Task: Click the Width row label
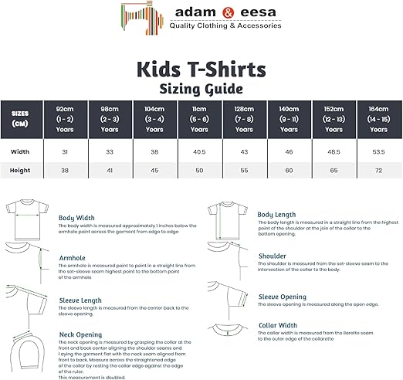(20, 151)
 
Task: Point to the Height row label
(20, 170)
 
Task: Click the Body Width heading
(77, 218)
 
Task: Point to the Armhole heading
(73, 257)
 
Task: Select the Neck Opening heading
(80, 334)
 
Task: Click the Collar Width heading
(278, 325)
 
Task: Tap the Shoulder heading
(272, 256)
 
